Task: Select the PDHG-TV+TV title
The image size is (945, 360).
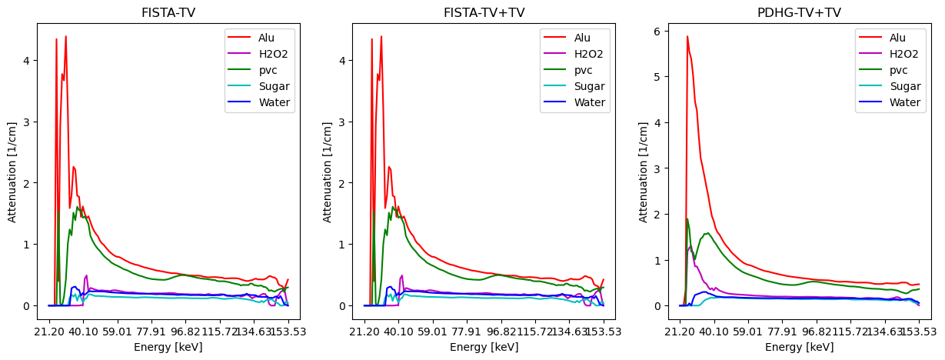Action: [799, 12]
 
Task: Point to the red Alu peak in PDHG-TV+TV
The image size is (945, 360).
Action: [687, 37]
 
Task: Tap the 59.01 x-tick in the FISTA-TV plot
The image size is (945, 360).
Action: [118, 332]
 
